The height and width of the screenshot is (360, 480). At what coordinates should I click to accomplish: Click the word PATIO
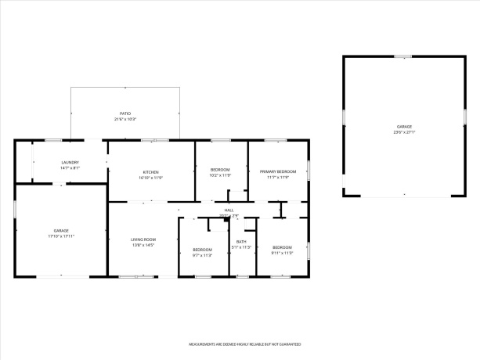(125, 113)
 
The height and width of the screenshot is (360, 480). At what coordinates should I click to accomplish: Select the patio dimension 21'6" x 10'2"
(125, 120)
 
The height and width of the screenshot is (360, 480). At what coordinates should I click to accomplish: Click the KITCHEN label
(151, 171)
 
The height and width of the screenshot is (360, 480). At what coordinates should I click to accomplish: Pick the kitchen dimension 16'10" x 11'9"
(151, 178)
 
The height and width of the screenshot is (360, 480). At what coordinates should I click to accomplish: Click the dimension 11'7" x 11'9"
(278, 178)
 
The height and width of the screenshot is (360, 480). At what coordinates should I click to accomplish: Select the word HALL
(229, 210)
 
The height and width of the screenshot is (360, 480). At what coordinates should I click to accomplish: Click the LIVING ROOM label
(144, 239)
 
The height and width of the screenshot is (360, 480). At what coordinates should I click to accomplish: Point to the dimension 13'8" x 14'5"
(143, 246)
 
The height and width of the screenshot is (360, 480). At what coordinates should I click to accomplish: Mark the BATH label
(242, 241)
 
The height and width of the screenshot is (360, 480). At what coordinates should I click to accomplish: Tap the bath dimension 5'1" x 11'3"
(242, 247)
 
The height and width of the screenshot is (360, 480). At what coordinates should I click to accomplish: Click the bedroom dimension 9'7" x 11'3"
(203, 255)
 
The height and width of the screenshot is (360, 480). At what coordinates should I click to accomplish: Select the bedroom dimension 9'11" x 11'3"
(282, 253)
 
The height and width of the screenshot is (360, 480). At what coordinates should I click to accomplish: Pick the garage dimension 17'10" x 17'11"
(61, 236)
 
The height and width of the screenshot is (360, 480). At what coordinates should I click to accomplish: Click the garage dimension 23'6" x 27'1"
(404, 132)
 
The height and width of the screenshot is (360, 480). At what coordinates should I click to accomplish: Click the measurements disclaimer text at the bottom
(245, 344)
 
